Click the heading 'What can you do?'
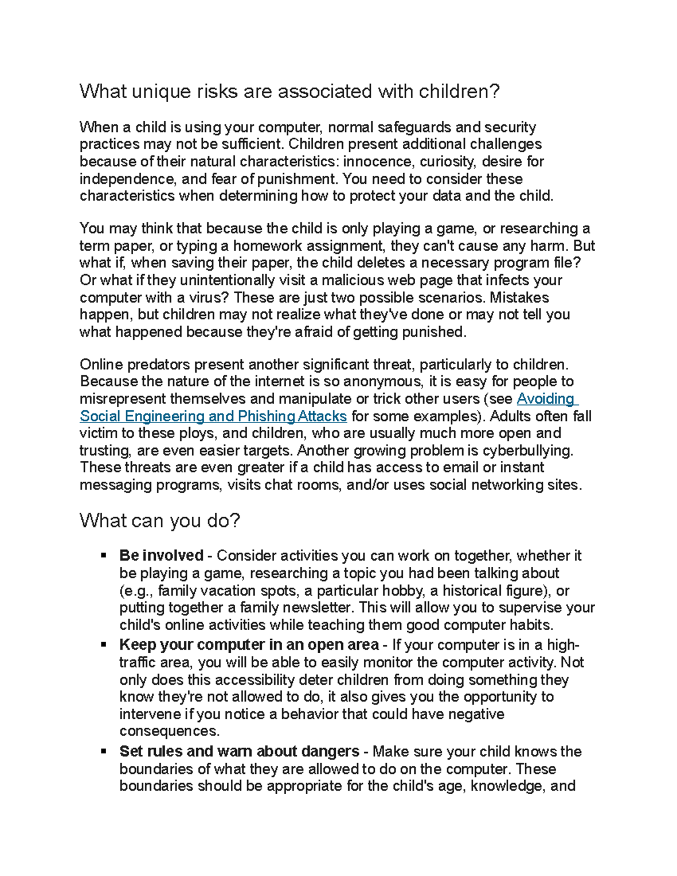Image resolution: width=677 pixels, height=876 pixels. tap(160, 520)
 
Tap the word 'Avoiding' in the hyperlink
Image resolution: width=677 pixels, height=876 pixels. tap(546, 399)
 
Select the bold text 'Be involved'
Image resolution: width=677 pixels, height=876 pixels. tap(161, 556)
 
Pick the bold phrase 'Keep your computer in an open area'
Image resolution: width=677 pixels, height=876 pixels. tap(249, 645)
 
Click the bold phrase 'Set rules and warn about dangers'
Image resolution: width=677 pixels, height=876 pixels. tap(239, 751)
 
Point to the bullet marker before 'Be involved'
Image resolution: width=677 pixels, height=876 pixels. tap(103, 556)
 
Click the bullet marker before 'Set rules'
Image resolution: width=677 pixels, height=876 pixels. tap(103, 751)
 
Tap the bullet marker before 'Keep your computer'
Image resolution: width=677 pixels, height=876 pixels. tap(103, 645)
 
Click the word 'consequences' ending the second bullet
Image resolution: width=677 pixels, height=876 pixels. tap(169, 731)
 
